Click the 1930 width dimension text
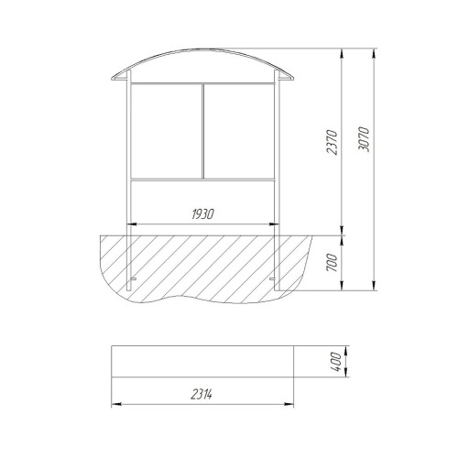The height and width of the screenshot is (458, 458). [x=203, y=214]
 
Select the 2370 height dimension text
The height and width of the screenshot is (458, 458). [x=332, y=142]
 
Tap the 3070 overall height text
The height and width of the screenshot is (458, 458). [x=364, y=139]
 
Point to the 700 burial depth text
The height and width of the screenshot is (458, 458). [x=332, y=263]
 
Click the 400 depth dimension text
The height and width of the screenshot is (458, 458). [x=336, y=362]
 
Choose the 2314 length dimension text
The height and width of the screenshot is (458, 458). [x=202, y=395]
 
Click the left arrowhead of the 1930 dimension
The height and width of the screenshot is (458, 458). [x=132, y=224]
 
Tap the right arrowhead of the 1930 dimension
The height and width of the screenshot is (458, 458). [x=274, y=224]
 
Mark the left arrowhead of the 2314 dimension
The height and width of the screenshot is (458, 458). [x=116, y=404]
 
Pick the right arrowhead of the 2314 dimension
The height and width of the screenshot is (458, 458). [x=289, y=404]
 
